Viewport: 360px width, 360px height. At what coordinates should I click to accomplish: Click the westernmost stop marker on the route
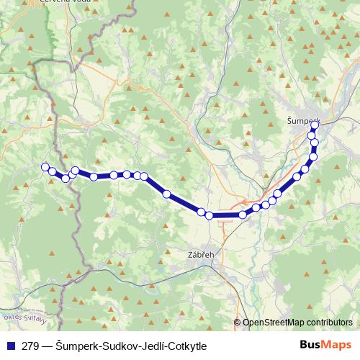coord(45,167)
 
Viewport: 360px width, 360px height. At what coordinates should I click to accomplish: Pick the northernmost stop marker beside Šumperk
coord(315,125)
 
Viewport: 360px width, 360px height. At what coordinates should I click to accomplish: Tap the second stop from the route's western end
coord(53,171)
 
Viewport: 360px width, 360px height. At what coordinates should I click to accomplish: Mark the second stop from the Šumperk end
coord(312,135)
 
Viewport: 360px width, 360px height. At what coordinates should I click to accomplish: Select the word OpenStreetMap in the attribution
coord(274,323)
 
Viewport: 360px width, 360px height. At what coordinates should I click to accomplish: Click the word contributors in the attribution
coord(329,323)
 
